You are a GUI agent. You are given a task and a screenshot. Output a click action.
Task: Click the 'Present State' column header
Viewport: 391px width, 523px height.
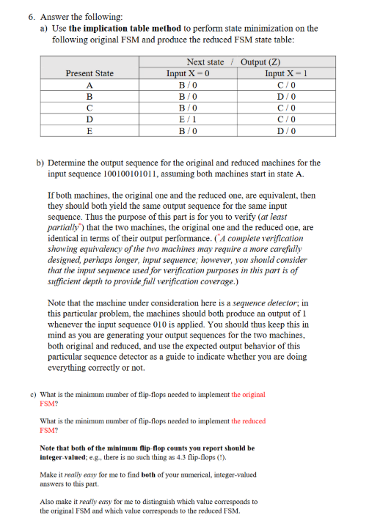89,73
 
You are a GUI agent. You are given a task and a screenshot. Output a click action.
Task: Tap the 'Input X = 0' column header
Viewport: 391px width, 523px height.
189,73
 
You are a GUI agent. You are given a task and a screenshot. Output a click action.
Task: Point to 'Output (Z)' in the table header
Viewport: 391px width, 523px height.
260,62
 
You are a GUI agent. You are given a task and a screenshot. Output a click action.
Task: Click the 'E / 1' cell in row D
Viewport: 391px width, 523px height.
189,119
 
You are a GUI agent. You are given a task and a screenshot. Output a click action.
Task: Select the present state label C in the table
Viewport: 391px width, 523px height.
89,108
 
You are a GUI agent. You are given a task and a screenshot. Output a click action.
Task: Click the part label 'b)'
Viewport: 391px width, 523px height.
40,163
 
